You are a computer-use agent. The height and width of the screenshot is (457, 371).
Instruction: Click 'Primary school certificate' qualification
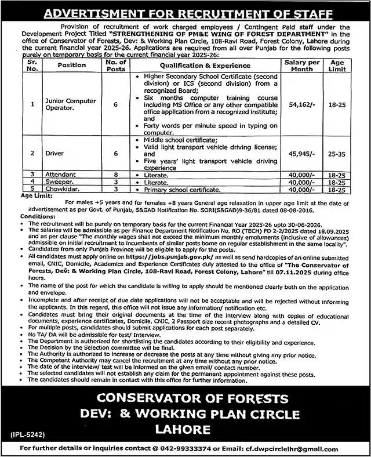pos(173,189)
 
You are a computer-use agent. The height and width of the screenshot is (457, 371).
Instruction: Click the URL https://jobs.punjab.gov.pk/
pos(201,255)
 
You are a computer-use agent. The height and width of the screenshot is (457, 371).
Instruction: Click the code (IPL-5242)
pos(30,433)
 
